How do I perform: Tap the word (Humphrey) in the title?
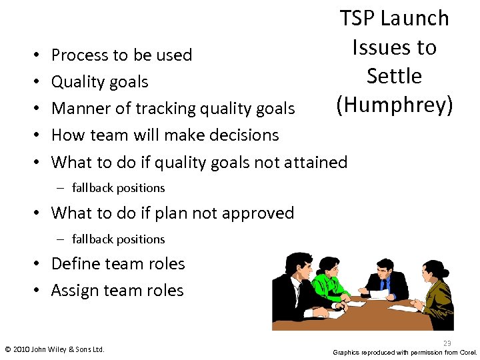pos(395,105)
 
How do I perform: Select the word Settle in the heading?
pos(395,76)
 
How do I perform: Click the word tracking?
pos(171,108)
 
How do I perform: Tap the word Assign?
pos(75,290)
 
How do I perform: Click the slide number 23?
pos(447,343)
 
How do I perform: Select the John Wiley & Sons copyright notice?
pos(55,349)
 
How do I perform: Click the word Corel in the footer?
pos(466,351)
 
